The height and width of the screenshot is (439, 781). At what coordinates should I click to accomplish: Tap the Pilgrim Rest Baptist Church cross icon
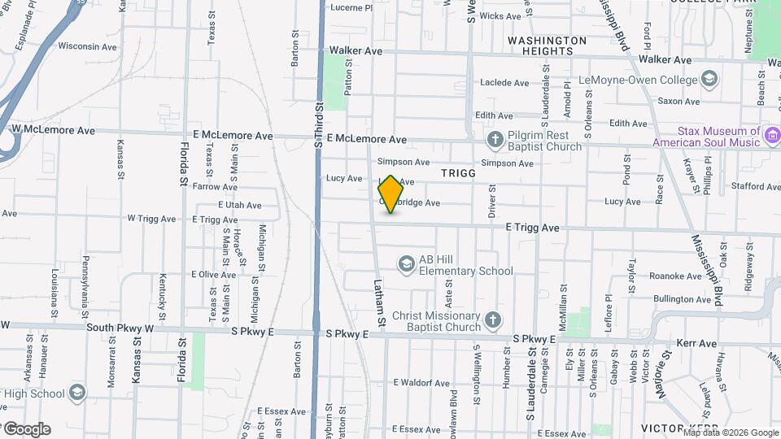tap(494, 141)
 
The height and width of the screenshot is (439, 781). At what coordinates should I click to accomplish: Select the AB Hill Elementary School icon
tap(406, 264)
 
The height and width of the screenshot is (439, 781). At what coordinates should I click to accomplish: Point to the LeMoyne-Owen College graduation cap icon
tap(709, 80)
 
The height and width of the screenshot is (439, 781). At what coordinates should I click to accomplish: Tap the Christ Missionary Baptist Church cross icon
tap(491, 320)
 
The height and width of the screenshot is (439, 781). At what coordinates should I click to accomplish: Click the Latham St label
tap(379, 302)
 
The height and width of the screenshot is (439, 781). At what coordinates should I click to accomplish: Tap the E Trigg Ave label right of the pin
tap(532, 228)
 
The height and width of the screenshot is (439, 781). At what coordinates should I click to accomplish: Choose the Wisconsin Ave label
tap(88, 46)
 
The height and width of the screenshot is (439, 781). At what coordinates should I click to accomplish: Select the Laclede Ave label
tap(504, 83)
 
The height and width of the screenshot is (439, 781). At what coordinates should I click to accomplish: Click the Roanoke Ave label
tap(675, 276)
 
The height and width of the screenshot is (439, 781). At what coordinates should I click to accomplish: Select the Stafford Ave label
tap(755, 187)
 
